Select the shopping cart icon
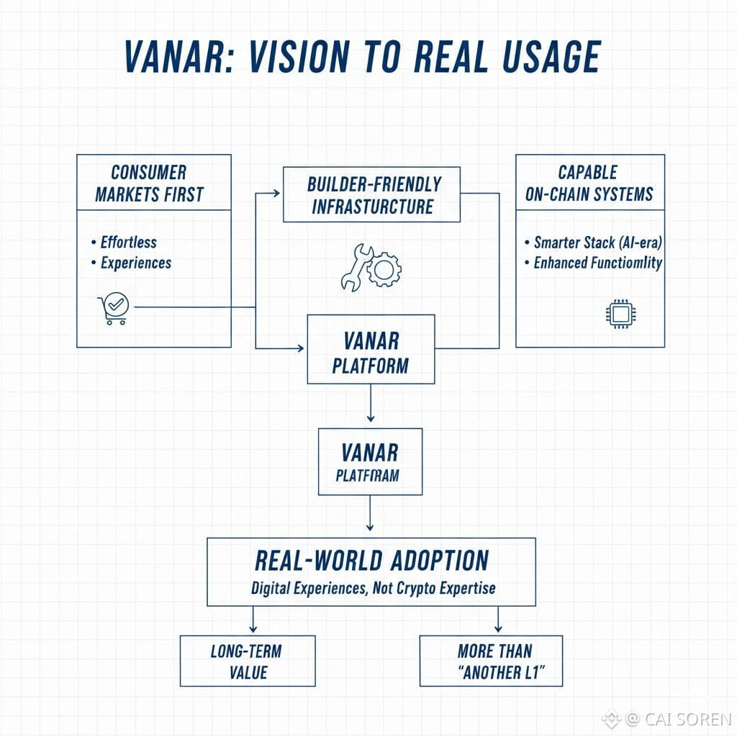click(112, 309)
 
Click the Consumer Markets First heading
click(149, 183)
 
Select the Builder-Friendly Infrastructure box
click(371, 194)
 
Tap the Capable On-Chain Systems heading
click(589, 183)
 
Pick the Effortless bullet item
click(128, 242)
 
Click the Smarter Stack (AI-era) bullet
click(596, 243)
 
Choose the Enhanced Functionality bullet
click(597, 263)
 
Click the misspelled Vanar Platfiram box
click(370, 462)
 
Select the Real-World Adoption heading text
click(371, 561)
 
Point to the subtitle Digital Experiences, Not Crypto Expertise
click(373, 588)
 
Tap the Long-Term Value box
click(248, 661)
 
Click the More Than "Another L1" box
click(491, 661)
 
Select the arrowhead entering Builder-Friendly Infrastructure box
click(276, 193)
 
